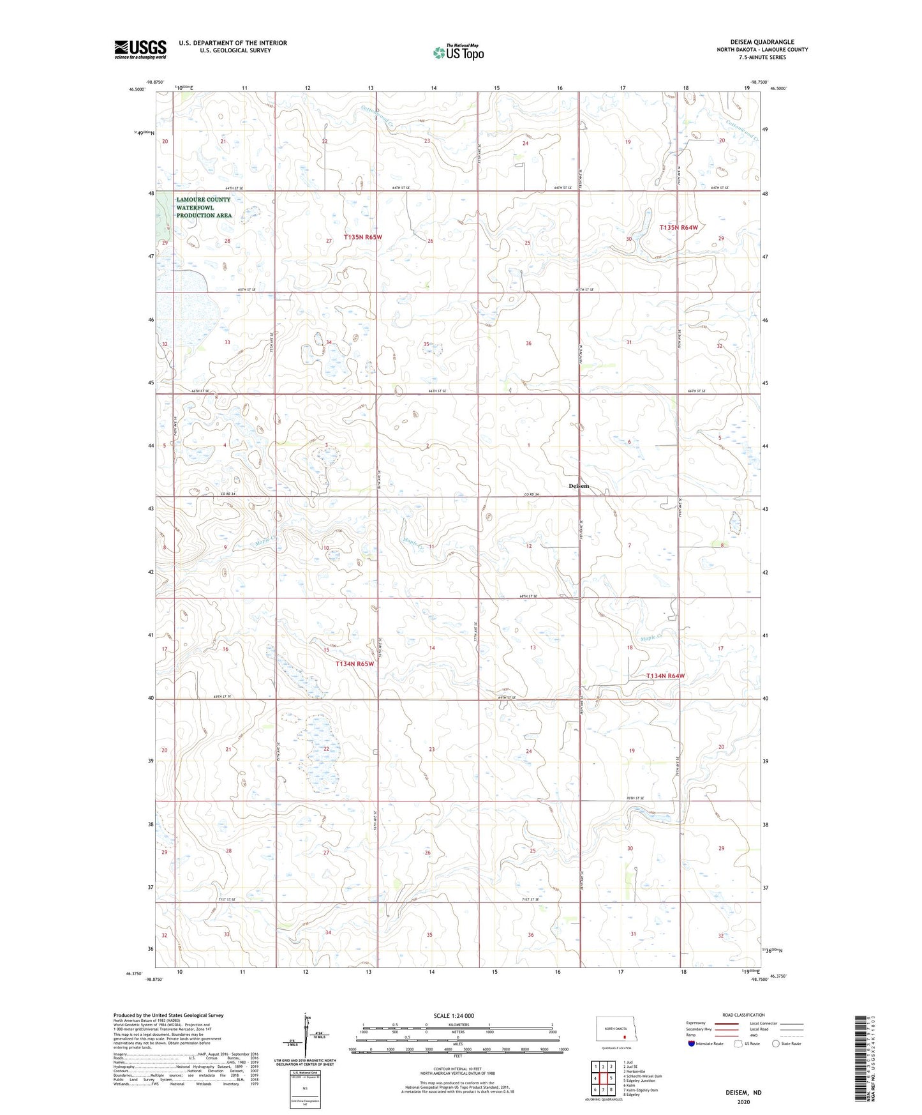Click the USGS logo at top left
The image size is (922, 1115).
tap(140, 49)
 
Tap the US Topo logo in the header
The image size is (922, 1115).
tap(457, 52)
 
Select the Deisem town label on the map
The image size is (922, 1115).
tap(579, 486)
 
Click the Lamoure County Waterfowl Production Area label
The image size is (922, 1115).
tap(204, 208)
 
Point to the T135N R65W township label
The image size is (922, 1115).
tap(363, 237)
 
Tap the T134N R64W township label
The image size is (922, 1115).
tap(665, 676)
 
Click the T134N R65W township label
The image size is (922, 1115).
tap(355, 664)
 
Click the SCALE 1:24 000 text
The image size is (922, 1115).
tap(454, 1015)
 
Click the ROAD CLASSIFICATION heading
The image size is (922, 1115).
tap(743, 1015)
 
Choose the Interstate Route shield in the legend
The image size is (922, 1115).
tap(692, 1043)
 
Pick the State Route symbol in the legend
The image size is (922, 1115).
tap(776, 1043)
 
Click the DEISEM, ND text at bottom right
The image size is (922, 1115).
tap(743, 1093)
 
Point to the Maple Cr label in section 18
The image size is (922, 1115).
tap(651, 637)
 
